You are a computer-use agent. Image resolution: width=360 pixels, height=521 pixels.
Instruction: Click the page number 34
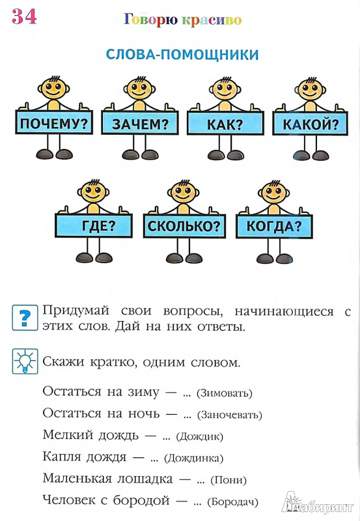24,17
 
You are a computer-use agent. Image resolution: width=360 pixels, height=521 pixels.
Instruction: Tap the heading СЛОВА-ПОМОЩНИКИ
182,55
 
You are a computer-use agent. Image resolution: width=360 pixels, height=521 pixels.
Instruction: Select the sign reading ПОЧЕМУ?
54,122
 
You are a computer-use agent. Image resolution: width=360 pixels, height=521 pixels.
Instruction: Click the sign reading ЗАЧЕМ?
140,123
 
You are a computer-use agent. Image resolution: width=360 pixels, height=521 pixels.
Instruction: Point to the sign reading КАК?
225,123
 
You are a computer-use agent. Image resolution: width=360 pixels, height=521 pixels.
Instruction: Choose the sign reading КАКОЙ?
310,123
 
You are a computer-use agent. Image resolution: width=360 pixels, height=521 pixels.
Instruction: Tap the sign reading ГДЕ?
94,225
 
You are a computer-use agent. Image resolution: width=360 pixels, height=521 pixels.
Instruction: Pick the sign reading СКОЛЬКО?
184,226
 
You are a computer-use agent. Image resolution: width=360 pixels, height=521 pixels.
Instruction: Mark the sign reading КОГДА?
274,226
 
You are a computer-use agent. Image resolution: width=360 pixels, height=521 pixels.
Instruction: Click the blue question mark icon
25,318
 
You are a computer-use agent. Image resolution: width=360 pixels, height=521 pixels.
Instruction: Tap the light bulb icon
25,361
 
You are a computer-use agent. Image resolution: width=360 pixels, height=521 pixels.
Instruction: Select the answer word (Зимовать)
225,393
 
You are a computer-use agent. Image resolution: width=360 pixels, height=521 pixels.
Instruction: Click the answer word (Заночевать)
230,415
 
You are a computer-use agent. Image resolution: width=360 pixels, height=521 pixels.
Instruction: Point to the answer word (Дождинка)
194,458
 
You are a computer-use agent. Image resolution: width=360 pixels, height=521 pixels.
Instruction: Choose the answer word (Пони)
228,480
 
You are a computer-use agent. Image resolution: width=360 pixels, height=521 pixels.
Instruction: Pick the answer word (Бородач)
232,501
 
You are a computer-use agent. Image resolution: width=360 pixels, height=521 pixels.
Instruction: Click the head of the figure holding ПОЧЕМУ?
54,89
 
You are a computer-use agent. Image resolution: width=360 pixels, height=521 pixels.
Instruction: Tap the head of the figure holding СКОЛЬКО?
184,191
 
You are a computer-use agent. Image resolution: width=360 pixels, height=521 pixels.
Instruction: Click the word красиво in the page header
212,20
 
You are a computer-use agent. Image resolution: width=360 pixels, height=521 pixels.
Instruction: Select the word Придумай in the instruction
76,311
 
